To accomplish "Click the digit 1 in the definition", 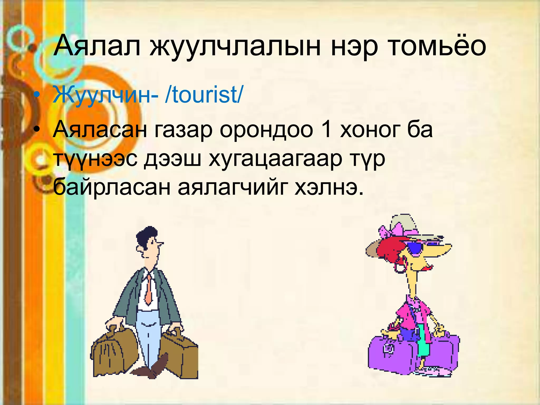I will [326, 130].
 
